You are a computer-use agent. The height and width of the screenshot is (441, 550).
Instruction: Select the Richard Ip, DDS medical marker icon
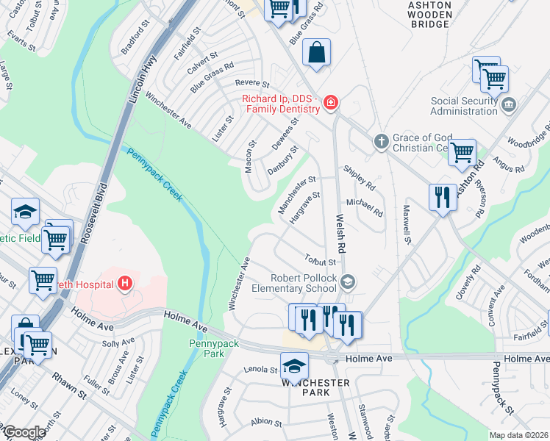click(331, 102)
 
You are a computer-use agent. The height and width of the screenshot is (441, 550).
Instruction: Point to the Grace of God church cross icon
click(381, 140)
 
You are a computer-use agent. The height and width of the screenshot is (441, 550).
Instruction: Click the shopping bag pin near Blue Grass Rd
click(316, 54)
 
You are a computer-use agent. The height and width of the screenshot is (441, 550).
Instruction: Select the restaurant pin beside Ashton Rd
click(441, 197)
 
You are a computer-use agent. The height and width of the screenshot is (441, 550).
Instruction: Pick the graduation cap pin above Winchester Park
click(294, 365)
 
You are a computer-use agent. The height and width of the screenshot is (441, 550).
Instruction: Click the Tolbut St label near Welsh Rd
click(320, 259)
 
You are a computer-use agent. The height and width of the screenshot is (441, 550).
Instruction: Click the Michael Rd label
click(364, 207)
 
